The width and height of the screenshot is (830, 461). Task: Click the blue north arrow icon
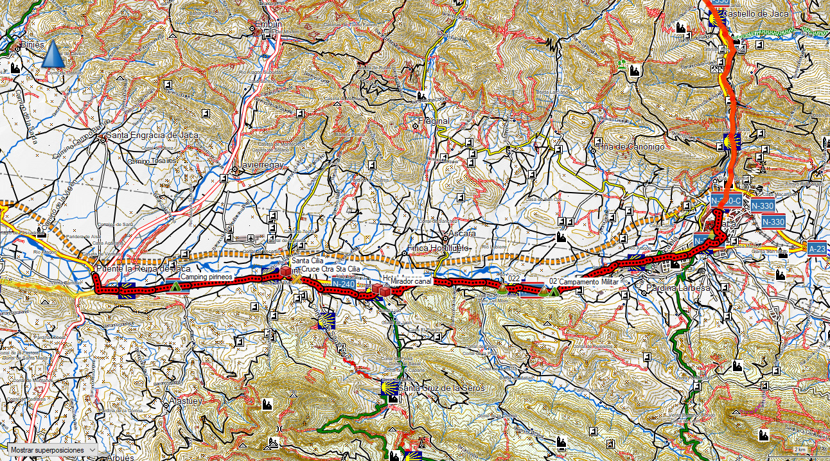(53, 55)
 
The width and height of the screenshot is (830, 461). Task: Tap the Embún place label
(269, 24)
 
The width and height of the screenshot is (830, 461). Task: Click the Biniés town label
(32, 45)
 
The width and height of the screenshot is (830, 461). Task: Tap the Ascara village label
(462, 233)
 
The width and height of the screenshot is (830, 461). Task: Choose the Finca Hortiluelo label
(440, 248)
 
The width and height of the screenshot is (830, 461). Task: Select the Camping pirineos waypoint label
(206, 277)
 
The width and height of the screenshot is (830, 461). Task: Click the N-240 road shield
(344, 283)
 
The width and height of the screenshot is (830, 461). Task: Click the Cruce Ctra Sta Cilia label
(331, 270)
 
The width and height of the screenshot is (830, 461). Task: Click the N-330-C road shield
(727, 200)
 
